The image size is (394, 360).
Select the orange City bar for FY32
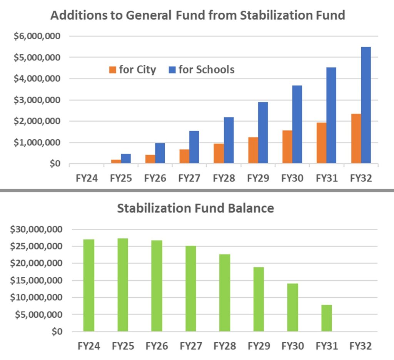[356, 139]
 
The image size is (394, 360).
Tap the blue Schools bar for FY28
[229, 140]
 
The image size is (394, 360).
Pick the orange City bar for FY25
[116, 161]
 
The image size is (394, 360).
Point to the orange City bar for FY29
[253, 150]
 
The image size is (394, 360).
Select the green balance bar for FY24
[89, 285]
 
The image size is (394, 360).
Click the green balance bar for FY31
[327, 318]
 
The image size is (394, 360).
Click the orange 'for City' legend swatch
[113, 70]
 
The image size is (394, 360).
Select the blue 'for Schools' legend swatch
[172, 70]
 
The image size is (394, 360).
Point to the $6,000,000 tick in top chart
[38, 36]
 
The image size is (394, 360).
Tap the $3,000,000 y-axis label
[38, 100]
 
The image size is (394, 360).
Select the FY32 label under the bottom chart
[361, 346]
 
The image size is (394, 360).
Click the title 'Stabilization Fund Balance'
[195, 208]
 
